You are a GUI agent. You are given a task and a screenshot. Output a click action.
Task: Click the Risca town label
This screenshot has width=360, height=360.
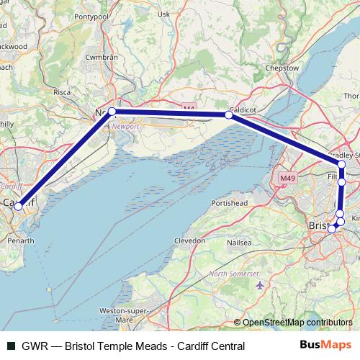coord(62,93)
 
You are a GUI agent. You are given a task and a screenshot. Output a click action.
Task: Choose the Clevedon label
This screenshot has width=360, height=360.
coord(190,241)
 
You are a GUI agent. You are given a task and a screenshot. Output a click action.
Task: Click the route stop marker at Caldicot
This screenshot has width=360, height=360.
coord(228,114)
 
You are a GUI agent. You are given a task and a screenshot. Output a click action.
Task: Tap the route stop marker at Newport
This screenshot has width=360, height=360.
coord(112,111)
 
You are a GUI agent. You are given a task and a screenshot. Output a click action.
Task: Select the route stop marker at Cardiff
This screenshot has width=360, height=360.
coord(18,206)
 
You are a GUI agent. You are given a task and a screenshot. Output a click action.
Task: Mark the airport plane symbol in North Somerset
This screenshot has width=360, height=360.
coord(259,285)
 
